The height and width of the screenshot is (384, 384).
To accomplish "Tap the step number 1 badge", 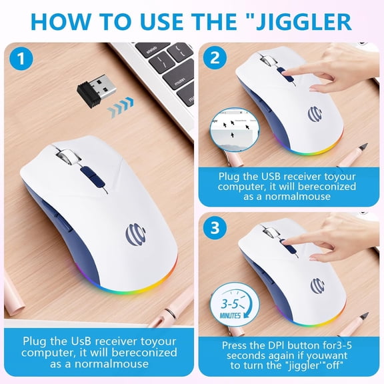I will tap(23, 59).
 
